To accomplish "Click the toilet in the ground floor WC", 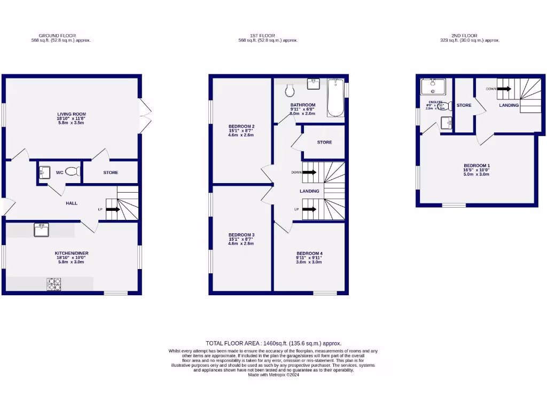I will point(73,172).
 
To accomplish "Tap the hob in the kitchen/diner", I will point(53,284).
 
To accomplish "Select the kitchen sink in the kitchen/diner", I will point(41,230).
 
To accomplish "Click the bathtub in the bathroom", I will point(335,98).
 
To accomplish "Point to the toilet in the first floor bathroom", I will point(290,90).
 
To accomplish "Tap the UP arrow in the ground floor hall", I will point(112,210).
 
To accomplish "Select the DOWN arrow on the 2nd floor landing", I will point(504,89).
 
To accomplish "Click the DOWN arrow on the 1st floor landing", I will point(309,172).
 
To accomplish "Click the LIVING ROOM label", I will point(72,114).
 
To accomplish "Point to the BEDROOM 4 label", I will point(309,253).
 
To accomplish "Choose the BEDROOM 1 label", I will point(476,165).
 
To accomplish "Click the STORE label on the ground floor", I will point(111,172).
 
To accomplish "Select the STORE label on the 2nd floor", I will point(464,105).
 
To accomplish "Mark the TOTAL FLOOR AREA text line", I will point(273,343).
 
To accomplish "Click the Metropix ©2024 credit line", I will point(273,375).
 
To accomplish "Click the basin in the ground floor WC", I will point(43,172).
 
